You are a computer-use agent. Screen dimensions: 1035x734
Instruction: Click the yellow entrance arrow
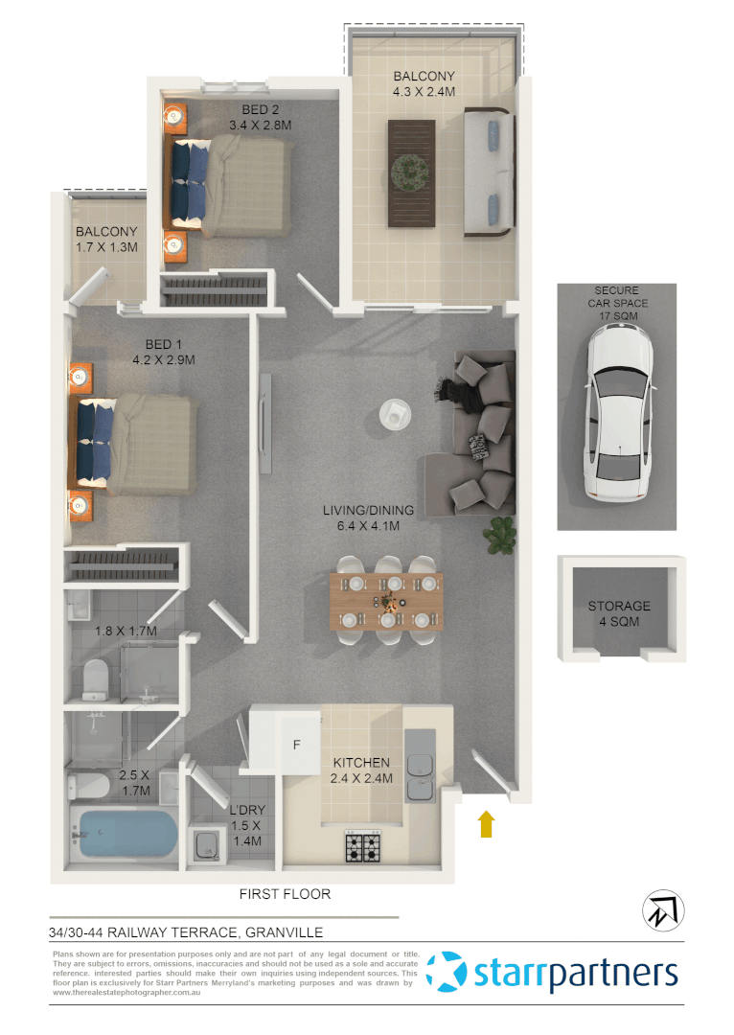[x=486, y=823]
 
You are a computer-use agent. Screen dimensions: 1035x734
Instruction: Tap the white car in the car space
[x=618, y=412]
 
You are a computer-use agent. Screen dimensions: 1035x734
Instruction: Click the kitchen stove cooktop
[x=363, y=846]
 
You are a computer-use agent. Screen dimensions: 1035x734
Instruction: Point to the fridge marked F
[x=296, y=745]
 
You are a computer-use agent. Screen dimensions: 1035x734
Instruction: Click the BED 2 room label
[x=260, y=116]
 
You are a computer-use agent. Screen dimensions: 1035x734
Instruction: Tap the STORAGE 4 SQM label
[x=618, y=613]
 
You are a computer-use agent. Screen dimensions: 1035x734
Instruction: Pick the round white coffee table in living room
[x=394, y=414]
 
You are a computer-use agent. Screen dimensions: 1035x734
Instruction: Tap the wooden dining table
[x=386, y=601]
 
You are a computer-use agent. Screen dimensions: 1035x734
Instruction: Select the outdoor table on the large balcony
[x=411, y=173]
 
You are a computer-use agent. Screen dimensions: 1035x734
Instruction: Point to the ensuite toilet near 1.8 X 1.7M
[x=95, y=678]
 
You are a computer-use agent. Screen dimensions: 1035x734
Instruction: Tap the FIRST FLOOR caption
[x=285, y=894]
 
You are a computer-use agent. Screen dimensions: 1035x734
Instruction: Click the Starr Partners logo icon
[x=447, y=972]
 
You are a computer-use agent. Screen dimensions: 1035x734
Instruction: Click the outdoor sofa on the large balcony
[x=487, y=172]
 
